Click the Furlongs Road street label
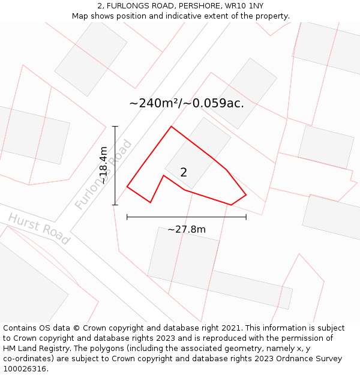click(103, 175)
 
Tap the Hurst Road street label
click(38, 228)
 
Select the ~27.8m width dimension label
click(186, 229)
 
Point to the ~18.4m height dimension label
click(103, 165)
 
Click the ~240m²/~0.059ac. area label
click(187, 103)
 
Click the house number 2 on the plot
click(184, 172)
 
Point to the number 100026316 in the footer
click(25, 369)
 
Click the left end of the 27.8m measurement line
click(127, 217)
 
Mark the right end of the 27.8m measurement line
click(246, 217)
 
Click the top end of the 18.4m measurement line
click(115, 127)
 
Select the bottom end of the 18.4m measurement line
click(115, 205)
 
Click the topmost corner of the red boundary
click(172, 127)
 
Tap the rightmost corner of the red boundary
click(246, 194)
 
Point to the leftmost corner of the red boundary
click(127, 187)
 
